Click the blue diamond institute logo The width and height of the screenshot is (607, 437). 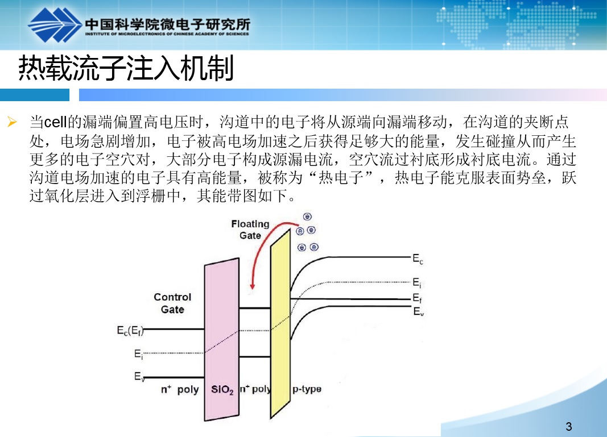point(54,25)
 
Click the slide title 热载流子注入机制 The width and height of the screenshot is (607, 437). point(126,68)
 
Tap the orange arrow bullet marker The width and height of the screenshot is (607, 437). point(12,122)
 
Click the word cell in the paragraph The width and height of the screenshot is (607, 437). point(55,122)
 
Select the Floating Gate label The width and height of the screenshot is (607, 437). point(250,230)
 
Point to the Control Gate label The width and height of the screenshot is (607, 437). point(172,303)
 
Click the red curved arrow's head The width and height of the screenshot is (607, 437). point(253,286)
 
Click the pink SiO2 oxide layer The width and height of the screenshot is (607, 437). point(222,340)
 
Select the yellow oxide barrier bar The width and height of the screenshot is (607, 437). point(280,324)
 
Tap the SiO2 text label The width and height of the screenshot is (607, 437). point(222,389)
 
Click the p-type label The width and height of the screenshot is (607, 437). point(307,389)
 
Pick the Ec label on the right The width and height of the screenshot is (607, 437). point(418,259)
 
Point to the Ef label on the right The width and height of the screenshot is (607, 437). point(418,298)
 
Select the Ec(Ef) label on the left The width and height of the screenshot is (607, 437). point(130,331)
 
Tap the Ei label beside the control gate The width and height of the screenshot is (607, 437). point(138,354)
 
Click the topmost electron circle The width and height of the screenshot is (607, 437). point(307,217)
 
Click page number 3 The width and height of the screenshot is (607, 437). point(569,426)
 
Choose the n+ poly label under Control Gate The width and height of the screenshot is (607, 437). point(180,389)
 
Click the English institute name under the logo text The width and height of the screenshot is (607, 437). point(167,34)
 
